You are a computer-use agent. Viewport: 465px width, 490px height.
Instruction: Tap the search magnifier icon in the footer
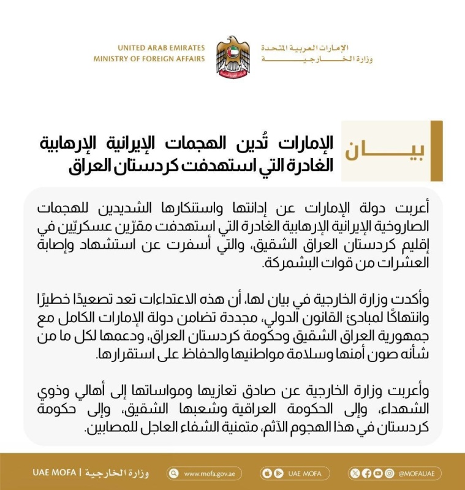(175, 473)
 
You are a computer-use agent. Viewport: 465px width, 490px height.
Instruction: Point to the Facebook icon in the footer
(366, 473)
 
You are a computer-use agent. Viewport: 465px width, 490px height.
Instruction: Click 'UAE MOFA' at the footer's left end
(55, 473)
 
